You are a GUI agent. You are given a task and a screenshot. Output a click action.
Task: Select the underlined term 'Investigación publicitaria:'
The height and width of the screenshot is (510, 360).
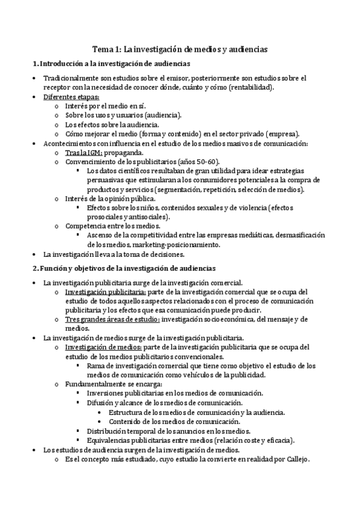pyautogui.click(x=100, y=292)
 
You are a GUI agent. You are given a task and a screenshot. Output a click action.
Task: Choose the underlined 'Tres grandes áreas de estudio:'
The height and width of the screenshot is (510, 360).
pyautogui.click(x=112, y=319)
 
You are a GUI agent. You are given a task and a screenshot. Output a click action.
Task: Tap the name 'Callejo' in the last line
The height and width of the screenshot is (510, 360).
pyautogui.click(x=294, y=460)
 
